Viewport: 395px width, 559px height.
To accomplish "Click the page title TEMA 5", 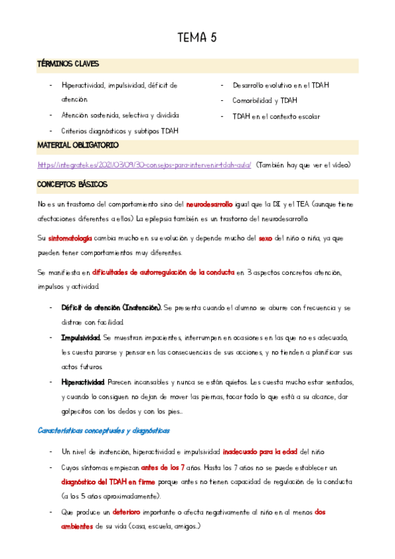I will tap(197, 38).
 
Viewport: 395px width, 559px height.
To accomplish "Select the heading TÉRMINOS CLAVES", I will tap(68, 64).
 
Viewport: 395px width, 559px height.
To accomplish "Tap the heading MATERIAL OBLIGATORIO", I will tap(78, 145).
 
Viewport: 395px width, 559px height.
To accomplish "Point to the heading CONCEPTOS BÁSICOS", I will tap(72, 185).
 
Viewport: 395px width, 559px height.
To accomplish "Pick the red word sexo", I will tap(264, 238).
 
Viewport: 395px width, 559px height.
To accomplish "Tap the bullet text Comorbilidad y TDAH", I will tap(264, 101).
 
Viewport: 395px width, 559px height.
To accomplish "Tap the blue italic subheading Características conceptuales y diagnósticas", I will tap(104, 430).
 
